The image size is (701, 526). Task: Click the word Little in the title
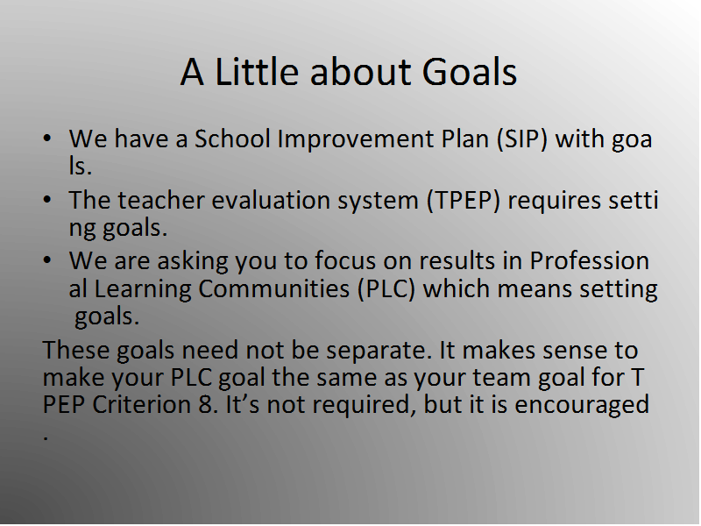[x=257, y=72]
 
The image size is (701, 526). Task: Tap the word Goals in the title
[x=470, y=72]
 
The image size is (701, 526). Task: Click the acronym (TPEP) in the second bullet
[x=464, y=201]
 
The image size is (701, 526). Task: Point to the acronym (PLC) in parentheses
[x=386, y=289]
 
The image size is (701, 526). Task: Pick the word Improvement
[x=356, y=139]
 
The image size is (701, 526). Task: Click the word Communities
[x=273, y=289]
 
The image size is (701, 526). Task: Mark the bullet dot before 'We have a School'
[x=47, y=139]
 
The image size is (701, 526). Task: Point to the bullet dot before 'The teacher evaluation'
[x=47, y=200]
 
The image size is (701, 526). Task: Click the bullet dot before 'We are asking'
[x=47, y=260]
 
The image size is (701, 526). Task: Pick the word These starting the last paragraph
[x=76, y=350]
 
